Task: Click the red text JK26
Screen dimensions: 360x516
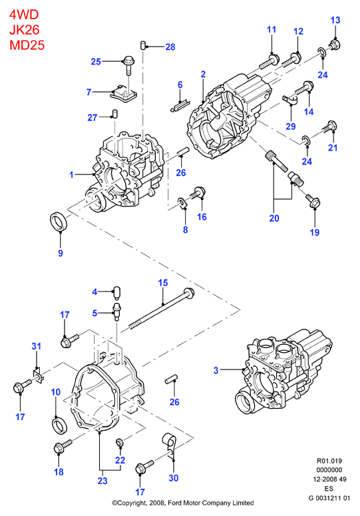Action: point(25,29)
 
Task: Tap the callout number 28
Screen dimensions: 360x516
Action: point(170,47)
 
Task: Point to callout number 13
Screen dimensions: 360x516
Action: point(335,20)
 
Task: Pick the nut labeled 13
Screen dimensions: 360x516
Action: point(334,44)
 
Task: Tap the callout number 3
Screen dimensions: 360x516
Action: point(216,370)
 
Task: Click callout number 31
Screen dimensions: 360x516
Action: point(36,346)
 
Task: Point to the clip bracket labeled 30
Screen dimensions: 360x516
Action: point(169,444)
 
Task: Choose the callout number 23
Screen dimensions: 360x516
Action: point(102,481)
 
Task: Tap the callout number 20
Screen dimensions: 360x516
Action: point(274,218)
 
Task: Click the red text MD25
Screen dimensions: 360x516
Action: point(27,45)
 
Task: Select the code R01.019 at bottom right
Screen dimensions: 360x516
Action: point(329,461)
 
